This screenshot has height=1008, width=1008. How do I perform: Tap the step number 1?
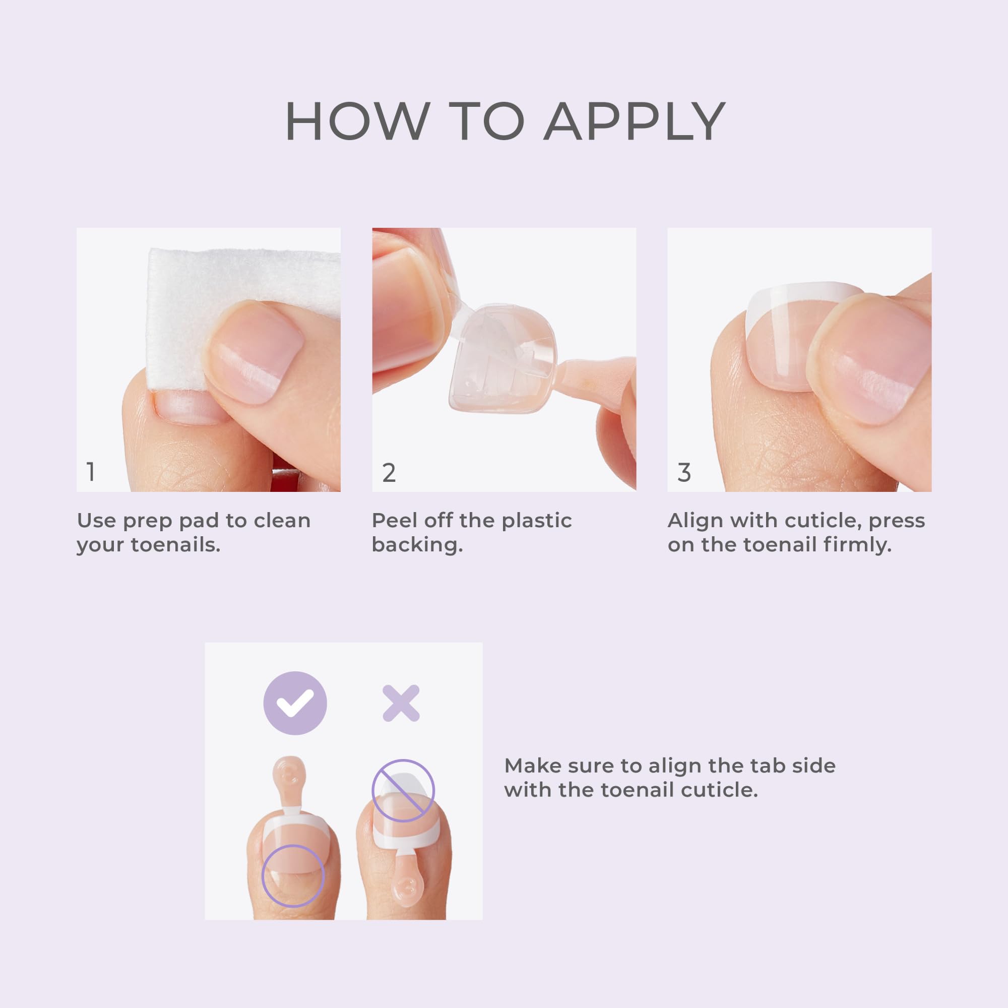pos(91,472)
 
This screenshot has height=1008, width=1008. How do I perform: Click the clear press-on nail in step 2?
pos(501,360)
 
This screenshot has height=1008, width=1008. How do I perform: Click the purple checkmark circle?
pos(295,703)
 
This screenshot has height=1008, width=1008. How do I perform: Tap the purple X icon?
pos(401,703)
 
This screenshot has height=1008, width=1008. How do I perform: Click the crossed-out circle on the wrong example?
pos(403,790)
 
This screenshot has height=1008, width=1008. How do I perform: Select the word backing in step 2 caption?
pos(417,545)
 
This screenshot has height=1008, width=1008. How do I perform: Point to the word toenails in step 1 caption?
pos(175,545)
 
